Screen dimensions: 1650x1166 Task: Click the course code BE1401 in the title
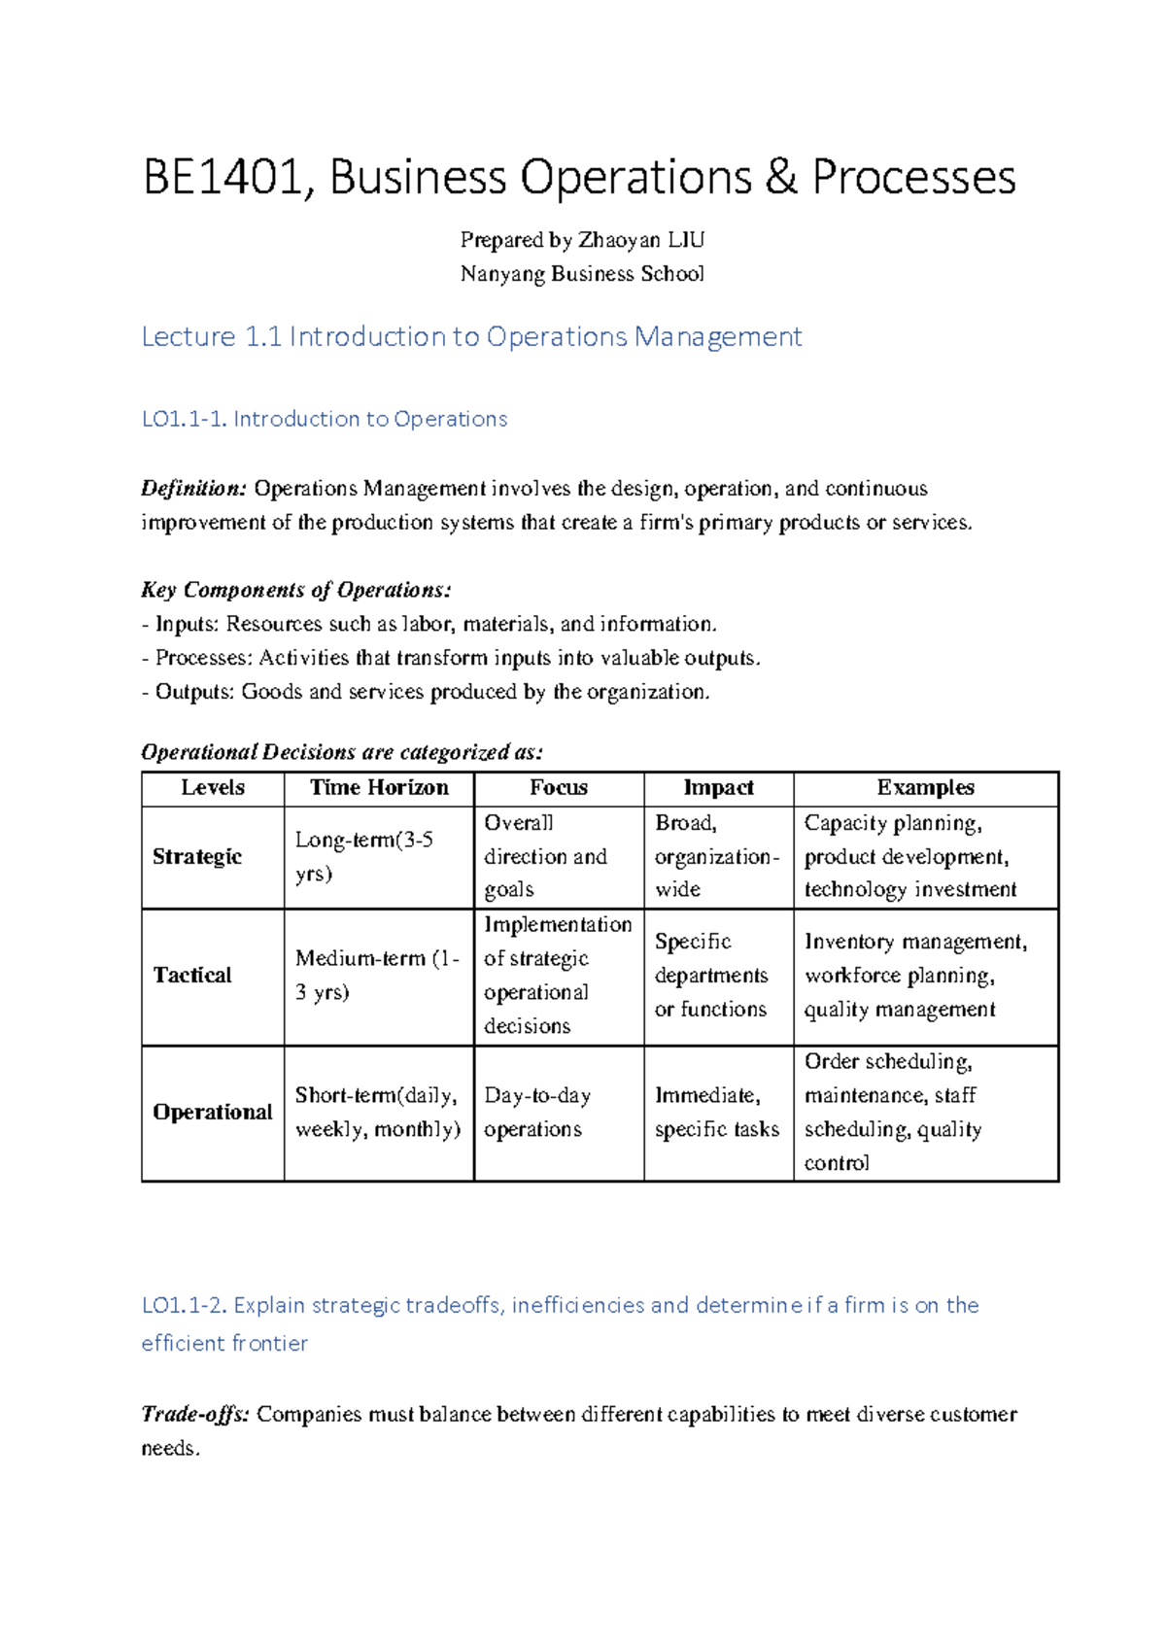[x=222, y=179]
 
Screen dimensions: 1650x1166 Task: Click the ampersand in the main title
[x=780, y=179]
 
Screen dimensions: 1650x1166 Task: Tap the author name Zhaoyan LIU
[x=641, y=240]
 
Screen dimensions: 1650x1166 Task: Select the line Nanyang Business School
[x=582, y=274]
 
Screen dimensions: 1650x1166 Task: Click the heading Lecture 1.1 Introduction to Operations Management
[x=471, y=337]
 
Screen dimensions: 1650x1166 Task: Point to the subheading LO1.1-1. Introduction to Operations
[x=325, y=419]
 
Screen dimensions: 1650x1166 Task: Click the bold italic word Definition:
[x=194, y=489]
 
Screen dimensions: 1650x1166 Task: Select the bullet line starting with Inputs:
[x=428, y=624]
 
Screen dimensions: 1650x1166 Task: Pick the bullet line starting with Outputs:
[x=426, y=692]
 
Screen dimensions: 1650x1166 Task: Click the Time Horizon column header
[x=379, y=788]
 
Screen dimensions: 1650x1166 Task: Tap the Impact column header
[x=718, y=788]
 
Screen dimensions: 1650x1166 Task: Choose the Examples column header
[x=925, y=788]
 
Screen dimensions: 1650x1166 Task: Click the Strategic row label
[x=197, y=857]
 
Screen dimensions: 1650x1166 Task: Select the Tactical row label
[x=192, y=976]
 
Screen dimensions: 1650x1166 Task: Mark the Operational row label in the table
[x=212, y=1113]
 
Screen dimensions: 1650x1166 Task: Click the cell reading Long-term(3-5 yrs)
[x=363, y=857]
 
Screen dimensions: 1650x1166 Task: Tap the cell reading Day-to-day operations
[x=537, y=1113]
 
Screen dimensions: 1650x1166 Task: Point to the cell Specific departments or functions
[x=710, y=976]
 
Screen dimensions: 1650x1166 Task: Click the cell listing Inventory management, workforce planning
[x=914, y=976]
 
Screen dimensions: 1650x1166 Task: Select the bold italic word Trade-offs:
[x=195, y=1415]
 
